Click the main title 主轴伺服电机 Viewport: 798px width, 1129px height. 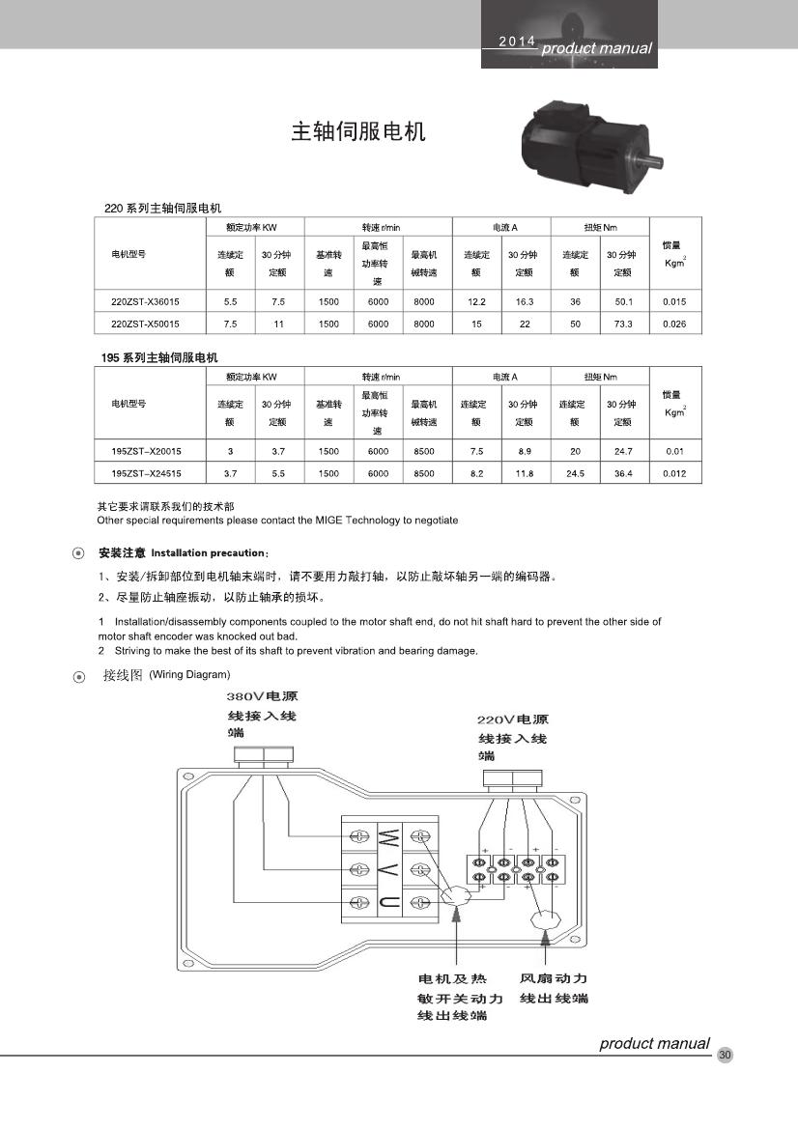357,132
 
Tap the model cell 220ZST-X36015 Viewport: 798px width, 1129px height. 145,302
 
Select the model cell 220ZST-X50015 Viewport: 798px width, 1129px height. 145,325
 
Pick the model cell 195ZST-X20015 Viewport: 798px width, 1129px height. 145,451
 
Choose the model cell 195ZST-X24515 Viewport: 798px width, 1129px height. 145,473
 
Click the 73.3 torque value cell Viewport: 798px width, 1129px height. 623,325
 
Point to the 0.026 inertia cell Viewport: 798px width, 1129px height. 674,325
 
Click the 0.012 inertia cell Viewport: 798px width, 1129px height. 674,473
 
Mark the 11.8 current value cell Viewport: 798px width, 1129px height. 525,473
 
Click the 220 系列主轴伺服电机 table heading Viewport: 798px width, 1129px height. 162,208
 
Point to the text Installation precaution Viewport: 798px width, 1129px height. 208,553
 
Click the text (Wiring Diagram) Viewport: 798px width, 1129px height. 189,674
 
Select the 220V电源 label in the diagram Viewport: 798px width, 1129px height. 513,720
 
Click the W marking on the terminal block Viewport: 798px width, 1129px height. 388,834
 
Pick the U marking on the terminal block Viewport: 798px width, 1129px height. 388,902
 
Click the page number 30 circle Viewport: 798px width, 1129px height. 726,1055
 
